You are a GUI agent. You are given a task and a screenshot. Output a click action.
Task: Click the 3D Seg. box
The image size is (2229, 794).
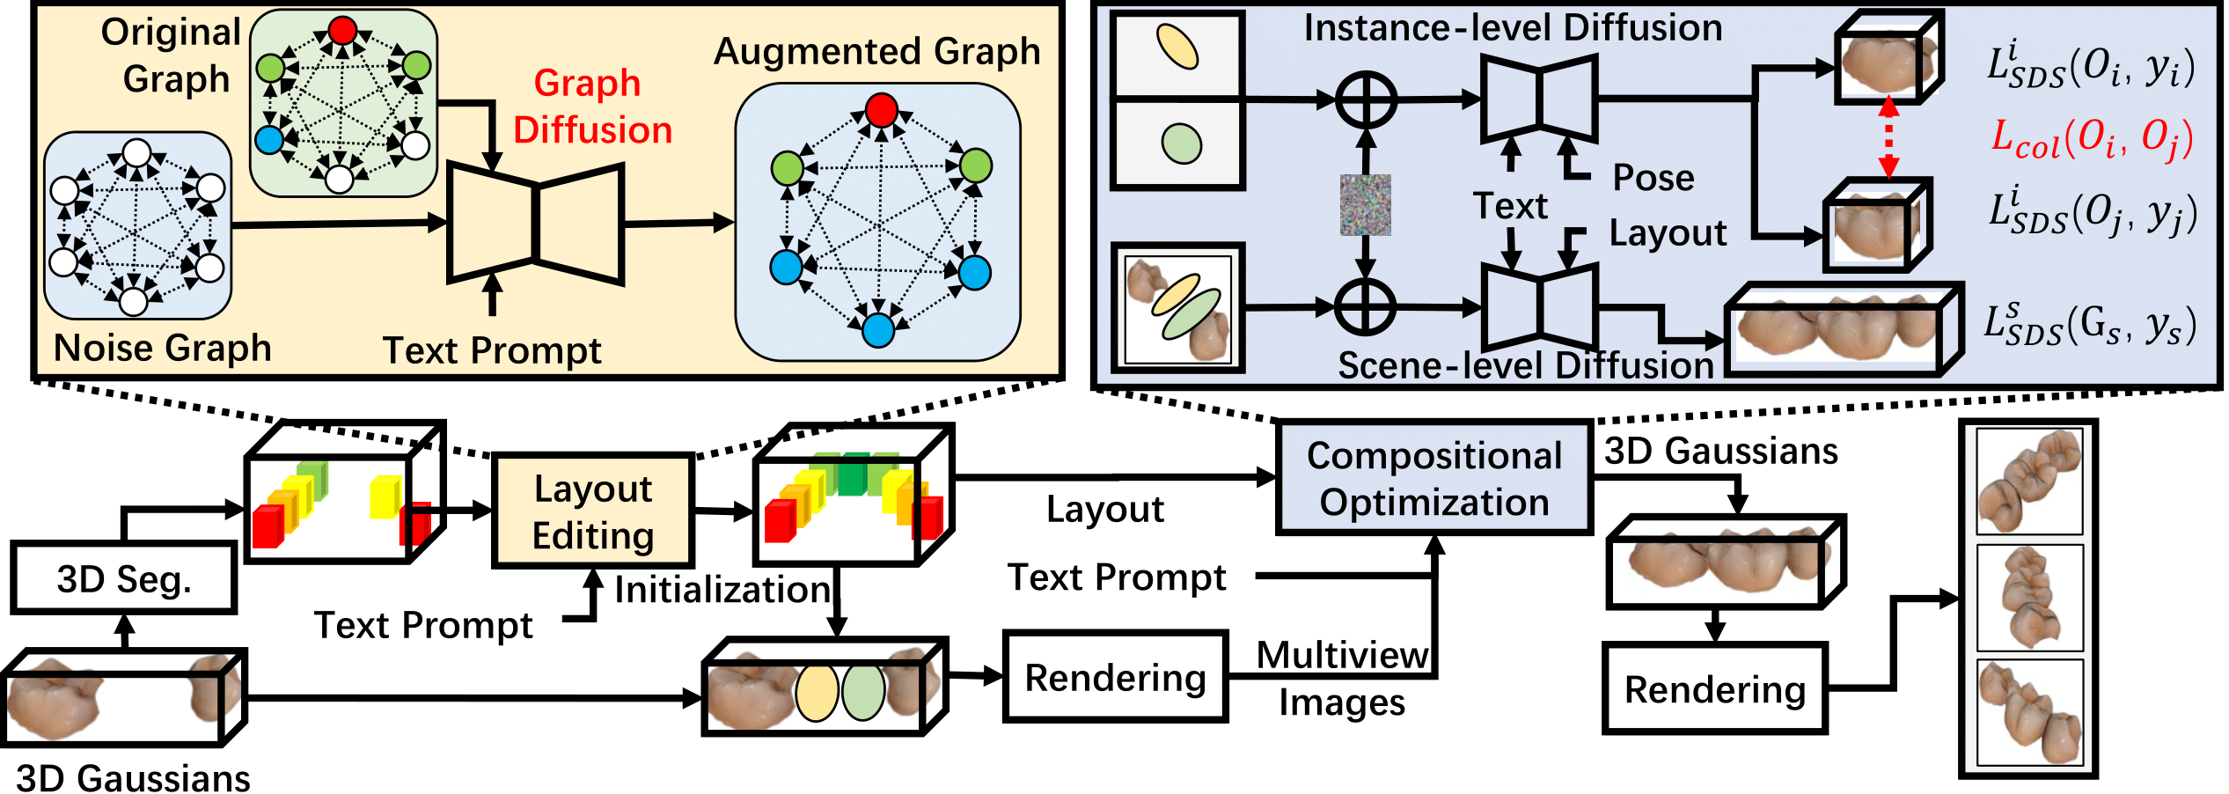point(123,578)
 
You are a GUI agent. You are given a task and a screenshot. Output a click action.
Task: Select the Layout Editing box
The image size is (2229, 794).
point(593,511)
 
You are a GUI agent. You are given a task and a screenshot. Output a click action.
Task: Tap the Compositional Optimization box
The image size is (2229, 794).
point(1434,478)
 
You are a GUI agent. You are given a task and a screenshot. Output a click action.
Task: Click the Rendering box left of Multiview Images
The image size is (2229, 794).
point(1115,677)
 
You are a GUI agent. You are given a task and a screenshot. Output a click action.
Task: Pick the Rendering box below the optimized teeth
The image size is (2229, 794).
point(1714,688)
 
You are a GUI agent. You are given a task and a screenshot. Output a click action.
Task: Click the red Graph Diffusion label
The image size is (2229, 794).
point(592,107)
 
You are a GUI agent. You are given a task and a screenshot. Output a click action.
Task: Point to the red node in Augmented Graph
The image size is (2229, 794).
point(881,111)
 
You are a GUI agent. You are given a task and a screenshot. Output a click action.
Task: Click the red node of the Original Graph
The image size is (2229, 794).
point(343,31)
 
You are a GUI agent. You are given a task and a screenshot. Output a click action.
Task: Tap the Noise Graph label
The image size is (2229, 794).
point(162,349)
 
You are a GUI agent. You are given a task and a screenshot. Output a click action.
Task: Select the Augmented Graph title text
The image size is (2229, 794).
point(876,52)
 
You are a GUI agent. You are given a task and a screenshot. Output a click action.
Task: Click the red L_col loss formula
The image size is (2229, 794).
point(2092,139)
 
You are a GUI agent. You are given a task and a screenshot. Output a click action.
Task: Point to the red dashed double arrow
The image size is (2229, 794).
point(1888,137)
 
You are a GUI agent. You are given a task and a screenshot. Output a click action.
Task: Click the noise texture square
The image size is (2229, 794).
point(1365,205)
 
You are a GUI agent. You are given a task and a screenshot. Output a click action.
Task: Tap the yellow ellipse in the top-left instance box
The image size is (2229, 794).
point(1177,47)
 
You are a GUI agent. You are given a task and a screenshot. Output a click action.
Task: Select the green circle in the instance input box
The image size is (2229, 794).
point(1181,143)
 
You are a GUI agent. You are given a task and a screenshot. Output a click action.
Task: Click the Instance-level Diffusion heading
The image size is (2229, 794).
point(1512,28)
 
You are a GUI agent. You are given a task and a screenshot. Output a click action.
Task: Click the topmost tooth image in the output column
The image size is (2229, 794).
point(2029,481)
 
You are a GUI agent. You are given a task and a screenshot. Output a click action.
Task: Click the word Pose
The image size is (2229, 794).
point(1653,178)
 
